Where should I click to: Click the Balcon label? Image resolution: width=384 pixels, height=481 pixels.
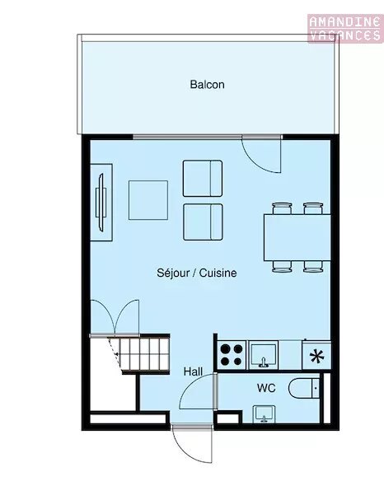pyautogui.click(x=207, y=84)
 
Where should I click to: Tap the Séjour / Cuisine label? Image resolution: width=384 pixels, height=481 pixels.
pyautogui.click(x=197, y=273)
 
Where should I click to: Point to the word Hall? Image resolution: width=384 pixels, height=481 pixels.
pyautogui.click(x=193, y=371)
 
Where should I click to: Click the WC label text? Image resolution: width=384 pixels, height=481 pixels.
pyautogui.click(x=266, y=388)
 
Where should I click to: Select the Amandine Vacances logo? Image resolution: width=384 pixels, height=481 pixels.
pyautogui.click(x=345, y=28)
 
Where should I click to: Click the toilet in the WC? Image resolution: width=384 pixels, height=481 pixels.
pyautogui.click(x=304, y=388)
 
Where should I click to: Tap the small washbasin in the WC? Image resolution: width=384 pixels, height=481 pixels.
pyautogui.click(x=264, y=413)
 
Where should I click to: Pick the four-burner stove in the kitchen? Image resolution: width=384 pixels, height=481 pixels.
pyautogui.click(x=232, y=355)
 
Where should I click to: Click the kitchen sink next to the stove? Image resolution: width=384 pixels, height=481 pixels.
pyautogui.click(x=264, y=355)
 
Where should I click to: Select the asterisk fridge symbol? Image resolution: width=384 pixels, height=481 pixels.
pyautogui.click(x=316, y=356)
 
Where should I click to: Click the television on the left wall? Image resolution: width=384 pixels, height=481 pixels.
pyautogui.click(x=101, y=202)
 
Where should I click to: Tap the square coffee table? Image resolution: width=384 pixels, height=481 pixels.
pyautogui.click(x=148, y=200)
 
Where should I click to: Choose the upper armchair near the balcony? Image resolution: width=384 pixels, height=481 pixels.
pyautogui.click(x=203, y=178)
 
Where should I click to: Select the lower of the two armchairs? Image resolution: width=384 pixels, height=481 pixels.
pyautogui.click(x=203, y=222)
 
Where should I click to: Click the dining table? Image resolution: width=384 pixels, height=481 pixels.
pyautogui.click(x=297, y=238)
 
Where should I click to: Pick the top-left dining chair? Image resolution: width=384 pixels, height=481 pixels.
pyautogui.click(x=282, y=208)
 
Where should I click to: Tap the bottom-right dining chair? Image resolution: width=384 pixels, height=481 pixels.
pyautogui.click(x=313, y=267)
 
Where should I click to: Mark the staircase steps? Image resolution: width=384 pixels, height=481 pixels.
pyautogui.click(x=144, y=354)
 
